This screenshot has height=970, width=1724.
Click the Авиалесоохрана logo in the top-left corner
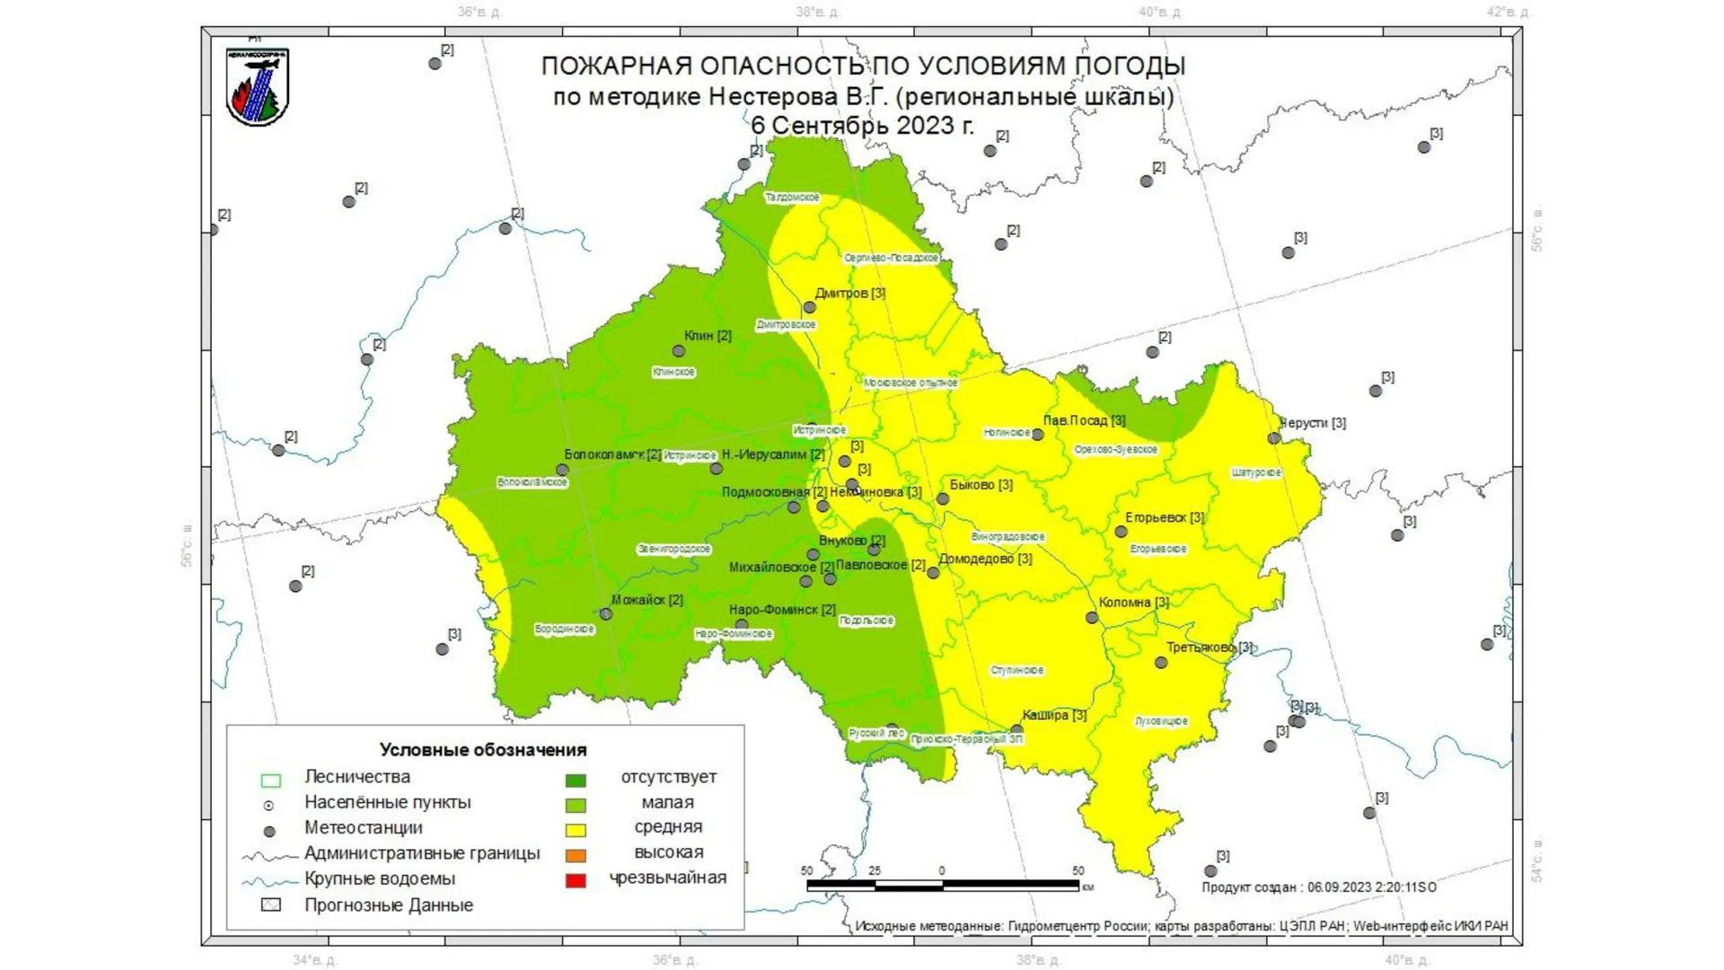coord(258,87)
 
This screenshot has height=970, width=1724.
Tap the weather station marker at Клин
coord(679,351)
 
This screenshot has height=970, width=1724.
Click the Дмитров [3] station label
coord(849,293)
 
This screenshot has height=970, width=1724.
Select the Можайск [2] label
coord(646,599)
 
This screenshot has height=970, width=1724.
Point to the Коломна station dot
coord(1092,618)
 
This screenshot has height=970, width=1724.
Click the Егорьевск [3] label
coord(1165,517)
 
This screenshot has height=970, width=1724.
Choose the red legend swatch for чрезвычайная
coord(576,880)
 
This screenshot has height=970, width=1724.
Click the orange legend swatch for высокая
coord(576,855)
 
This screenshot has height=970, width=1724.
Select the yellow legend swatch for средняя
coord(576,830)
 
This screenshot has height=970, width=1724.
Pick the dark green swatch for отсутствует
coord(576,780)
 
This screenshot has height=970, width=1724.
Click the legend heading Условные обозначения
coord(482,750)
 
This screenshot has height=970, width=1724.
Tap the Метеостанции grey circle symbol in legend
coord(269,832)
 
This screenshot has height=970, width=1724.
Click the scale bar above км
coord(943,885)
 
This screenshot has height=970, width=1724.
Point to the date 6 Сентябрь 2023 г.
coord(862,125)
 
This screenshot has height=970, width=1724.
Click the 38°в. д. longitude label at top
coord(817,12)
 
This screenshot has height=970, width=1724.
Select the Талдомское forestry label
coord(792,197)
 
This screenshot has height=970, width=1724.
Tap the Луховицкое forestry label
coord(1161,720)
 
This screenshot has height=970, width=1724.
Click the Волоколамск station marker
coord(562,470)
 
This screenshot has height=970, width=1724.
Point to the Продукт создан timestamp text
coord(1318,886)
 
